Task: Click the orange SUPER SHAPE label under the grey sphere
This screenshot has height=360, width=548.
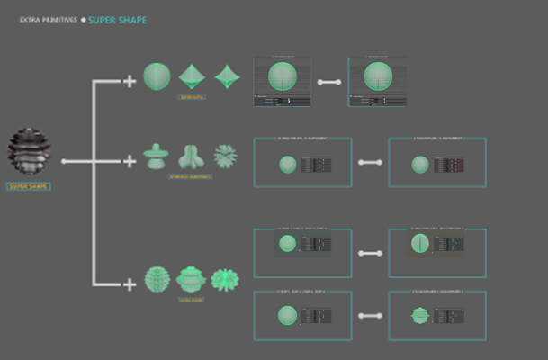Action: click(x=29, y=186)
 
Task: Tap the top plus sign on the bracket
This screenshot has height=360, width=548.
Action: click(x=130, y=82)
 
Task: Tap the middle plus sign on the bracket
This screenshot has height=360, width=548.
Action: click(x=130, y=162)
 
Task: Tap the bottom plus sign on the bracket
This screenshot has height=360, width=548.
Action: click(x=130, y=284)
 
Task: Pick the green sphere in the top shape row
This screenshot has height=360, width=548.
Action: click(x=157, y=76)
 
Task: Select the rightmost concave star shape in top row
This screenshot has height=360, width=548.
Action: click(x=229, y=76)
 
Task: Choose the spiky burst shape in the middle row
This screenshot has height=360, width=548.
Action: click(x=224, y=156)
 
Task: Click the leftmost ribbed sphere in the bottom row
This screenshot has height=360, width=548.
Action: click(x=157, y=278)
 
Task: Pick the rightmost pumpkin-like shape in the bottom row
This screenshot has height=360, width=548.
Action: click(x=224, y=279)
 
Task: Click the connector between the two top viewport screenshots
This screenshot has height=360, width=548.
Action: click(x=329, y=82)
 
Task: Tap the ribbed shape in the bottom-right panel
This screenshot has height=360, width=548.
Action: click(x=420, y=316)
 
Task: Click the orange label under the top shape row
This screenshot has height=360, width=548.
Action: click(x=192, y=96)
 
